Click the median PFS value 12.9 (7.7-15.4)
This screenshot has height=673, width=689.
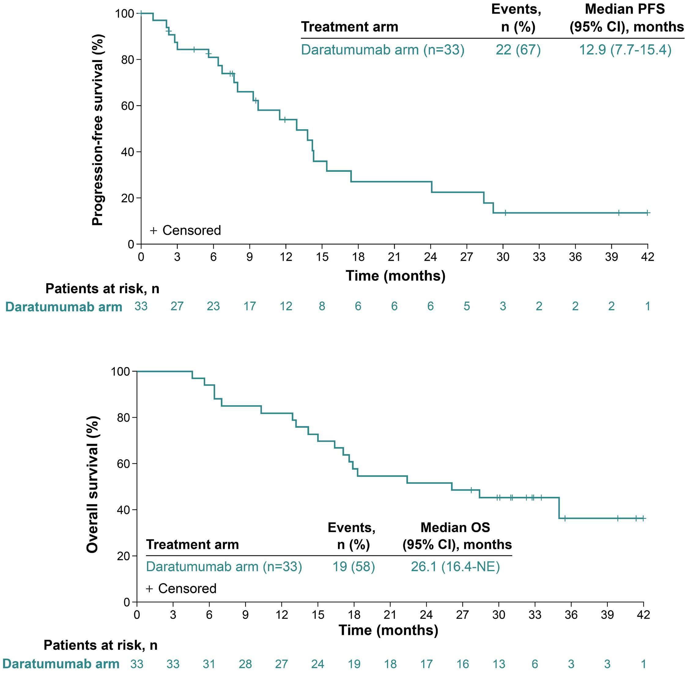click(625, 50)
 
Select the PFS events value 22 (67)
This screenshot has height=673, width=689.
click(518, 50)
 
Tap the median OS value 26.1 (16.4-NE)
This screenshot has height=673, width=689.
click(455, 567)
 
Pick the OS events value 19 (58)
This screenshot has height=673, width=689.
click(353, 567)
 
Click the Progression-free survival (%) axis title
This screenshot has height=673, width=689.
click(97, 130)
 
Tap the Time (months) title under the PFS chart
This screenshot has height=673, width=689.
click(395, 276)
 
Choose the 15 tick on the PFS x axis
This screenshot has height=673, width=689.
click(322, 257)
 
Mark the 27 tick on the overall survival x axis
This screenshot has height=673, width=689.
click(462, 615)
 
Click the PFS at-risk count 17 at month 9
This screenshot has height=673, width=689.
click(249, 306)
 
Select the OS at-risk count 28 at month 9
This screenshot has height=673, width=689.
click(245, 664)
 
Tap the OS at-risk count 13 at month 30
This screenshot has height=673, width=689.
click(498, 664)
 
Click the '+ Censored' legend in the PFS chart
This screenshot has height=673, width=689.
click(186, 231)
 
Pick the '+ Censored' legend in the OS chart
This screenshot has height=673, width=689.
click(181, 588)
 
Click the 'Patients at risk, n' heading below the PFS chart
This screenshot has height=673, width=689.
click(102, 289)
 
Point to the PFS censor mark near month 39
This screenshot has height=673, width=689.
click(618, 213)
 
